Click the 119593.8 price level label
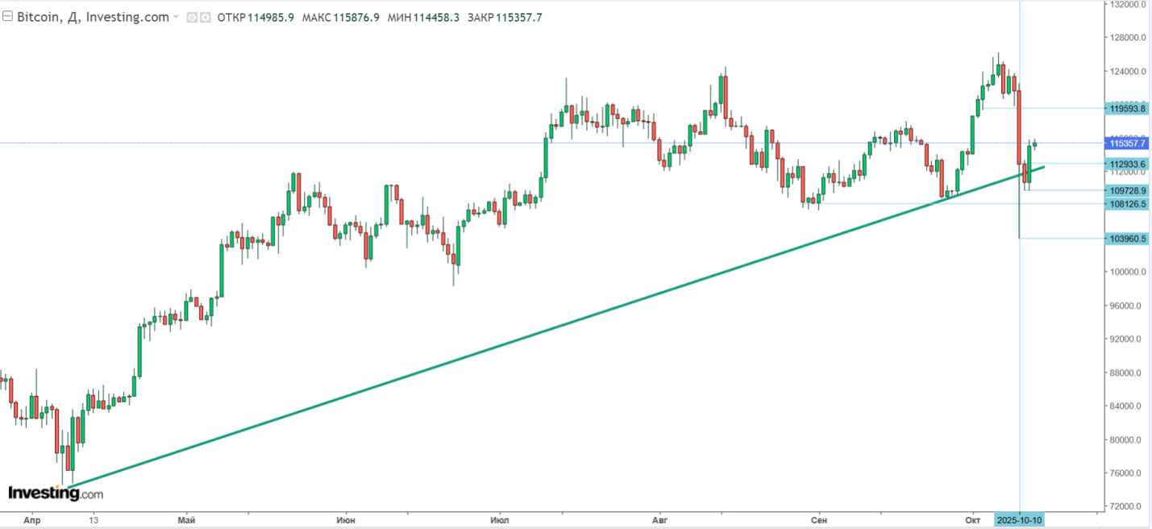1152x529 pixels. pyautogui.click(x=1127, y=108)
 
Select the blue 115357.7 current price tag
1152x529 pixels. pyautogui.click(x=1127, y=144)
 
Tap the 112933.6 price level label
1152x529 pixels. pyautogui.click(x=1127, y=164)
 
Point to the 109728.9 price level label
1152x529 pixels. pyautogui.click(x=1127, y=190)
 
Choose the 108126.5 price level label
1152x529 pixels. pyautogui.click(x=1127, y=204)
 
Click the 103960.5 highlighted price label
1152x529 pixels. pyautogui.click(x=1127, y=239)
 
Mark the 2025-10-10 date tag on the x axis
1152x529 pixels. pyautogui.click(x=1020, y=520)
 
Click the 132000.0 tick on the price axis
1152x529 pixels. pyautogui.click(x=1126, y=4)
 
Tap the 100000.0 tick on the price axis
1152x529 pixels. pyautogui.click(x=1126, y=273)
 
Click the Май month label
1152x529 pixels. pyautogui.click(x=186, y=520)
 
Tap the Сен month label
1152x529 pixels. pyautogui.click(x=818, y=520)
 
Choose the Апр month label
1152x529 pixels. pyautogui.click(x=31, y=520)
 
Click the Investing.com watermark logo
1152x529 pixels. pyautogui.click(x=55, y=493)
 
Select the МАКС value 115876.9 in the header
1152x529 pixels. pyautogui.click(x=351, y=17)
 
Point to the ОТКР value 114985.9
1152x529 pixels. pyautogui.click(x=270, y=17)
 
